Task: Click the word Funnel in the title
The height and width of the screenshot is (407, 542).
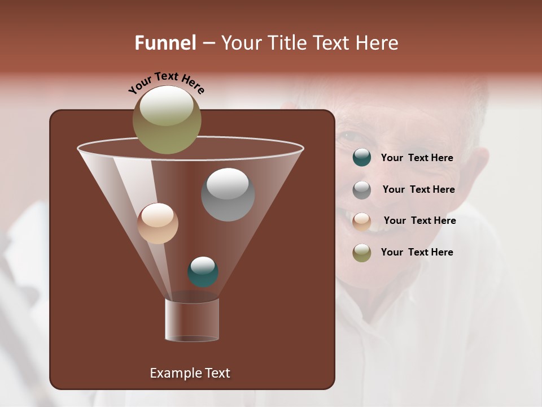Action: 165,43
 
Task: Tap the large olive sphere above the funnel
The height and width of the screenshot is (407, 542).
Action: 167,119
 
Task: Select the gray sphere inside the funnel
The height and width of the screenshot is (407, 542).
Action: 228,194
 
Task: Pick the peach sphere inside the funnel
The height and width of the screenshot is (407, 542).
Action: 158,223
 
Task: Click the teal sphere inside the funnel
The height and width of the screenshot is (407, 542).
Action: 203,272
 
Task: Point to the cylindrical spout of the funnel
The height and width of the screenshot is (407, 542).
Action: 192,320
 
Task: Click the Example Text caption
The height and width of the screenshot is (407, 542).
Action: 190,373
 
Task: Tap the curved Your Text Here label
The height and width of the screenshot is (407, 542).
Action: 167,83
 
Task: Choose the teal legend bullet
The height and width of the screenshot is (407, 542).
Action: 362,158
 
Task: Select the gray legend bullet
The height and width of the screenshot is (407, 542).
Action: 362,190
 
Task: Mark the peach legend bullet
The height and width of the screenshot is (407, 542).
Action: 362,222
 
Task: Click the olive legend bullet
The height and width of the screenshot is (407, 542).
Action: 362,253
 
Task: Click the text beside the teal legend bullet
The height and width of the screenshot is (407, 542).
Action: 417,158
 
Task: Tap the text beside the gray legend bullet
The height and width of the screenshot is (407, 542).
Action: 418,189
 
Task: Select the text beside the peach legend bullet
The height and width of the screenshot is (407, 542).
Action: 419,220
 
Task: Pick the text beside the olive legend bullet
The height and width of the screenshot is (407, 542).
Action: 417,252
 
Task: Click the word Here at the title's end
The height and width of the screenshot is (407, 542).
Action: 378,43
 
